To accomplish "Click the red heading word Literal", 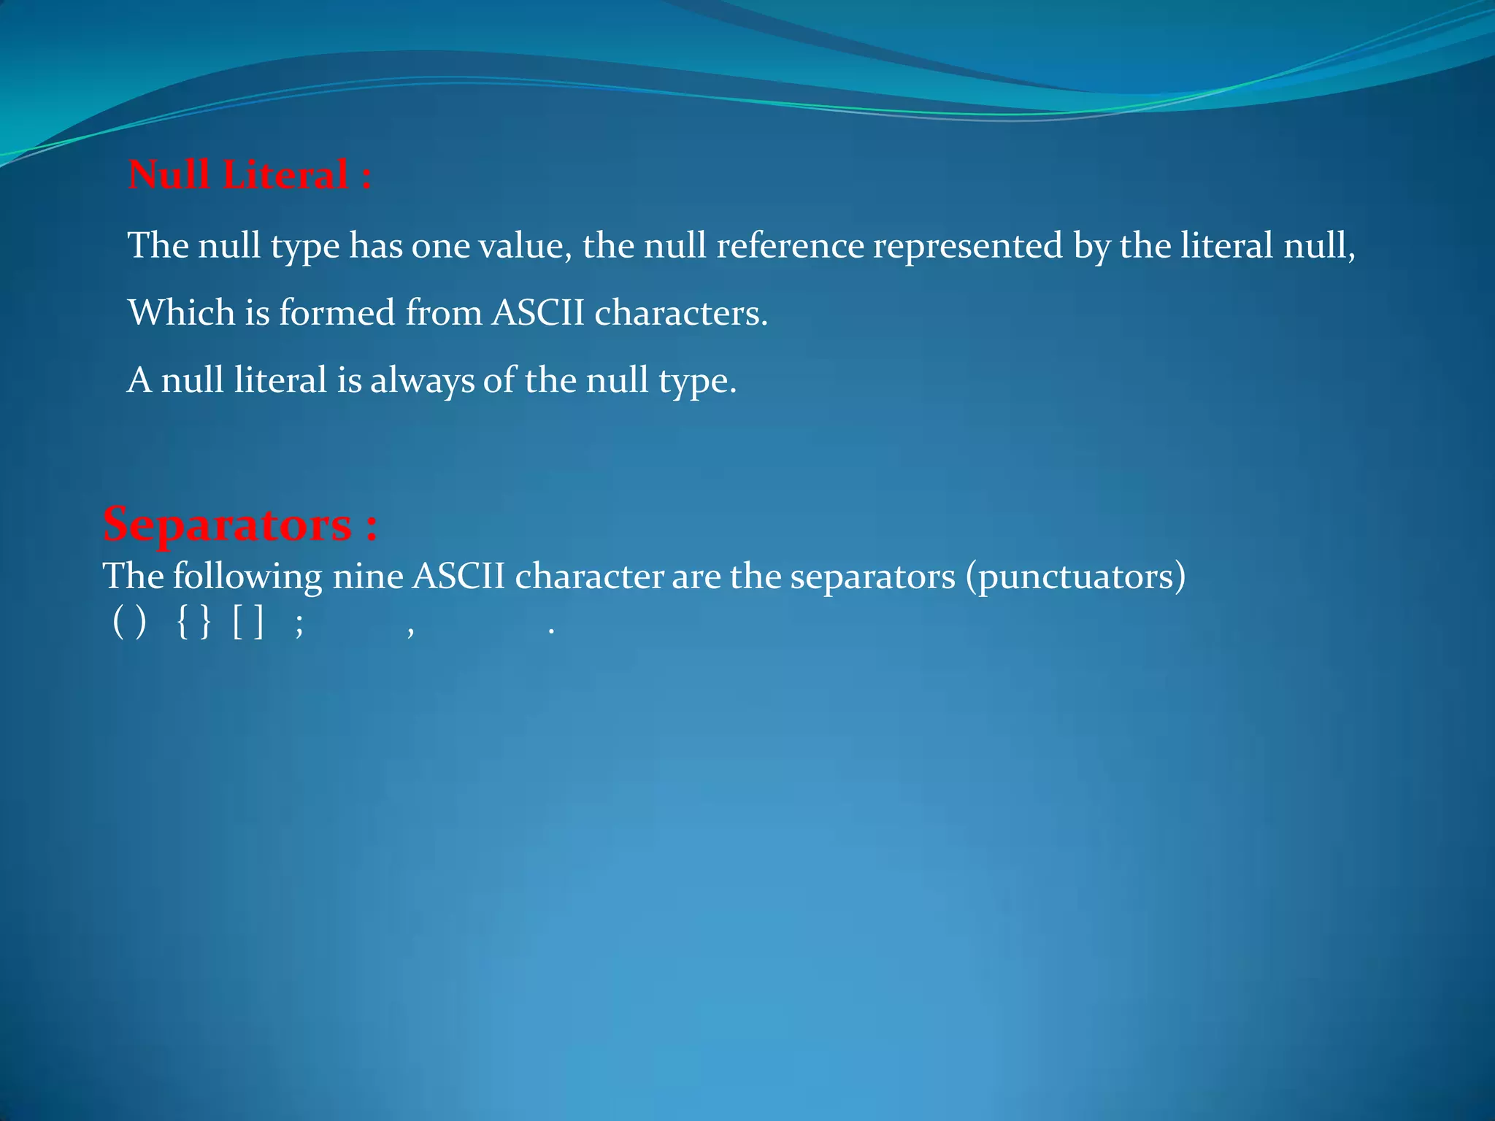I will tap(285, 175).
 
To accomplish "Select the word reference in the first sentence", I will tap(790, 245).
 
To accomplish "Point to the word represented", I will tap(968, 247).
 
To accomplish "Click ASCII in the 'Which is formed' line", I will tap(538, 312).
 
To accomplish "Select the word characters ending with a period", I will tap(680, 312).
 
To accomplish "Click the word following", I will tap(247, 577).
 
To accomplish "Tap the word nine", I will tap(368, 577).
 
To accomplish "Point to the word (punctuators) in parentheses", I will tap(1076, 577).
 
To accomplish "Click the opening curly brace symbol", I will tap(182, 625).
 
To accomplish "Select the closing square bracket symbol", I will tap(258, 625).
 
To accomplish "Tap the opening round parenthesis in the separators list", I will tap(118, 625).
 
